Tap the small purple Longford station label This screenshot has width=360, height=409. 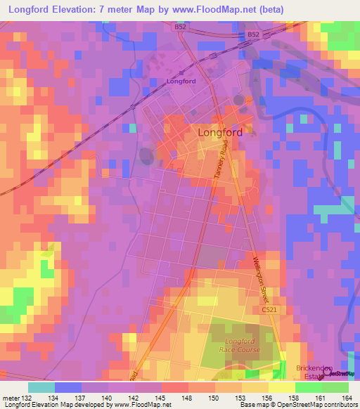[x=181, y=81]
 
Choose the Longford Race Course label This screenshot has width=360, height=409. [x=240, y=345]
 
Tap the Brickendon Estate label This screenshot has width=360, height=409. [x=303, y=372]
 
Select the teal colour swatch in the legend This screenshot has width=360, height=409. [x=41, y=387]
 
